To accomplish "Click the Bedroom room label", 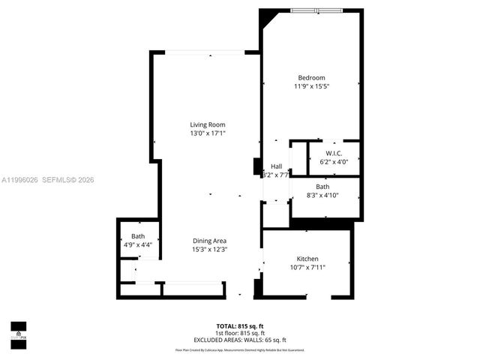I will point(311,78).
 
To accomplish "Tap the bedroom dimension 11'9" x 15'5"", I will point(311,87).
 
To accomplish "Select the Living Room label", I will point(207,124).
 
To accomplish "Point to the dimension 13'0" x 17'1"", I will point(207,133).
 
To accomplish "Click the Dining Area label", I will point(209,241).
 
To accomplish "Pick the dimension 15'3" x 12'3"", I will point(209,250).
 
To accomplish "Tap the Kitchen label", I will point(307,258).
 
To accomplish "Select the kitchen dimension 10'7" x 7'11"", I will point(307,267).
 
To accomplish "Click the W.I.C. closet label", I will point(334,153).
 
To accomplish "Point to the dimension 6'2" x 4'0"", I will point(334,162).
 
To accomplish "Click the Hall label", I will point(276,166).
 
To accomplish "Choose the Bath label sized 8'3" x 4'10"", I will point(322,187).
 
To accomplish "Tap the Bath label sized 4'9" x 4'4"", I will point(137,236).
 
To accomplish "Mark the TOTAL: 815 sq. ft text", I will point(240,326).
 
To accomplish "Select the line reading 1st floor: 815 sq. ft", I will point(240,332).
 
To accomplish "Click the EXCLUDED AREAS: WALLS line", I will point(240,339).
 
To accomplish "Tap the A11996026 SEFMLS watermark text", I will point(47,180).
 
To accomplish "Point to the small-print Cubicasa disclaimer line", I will point(240,350).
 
